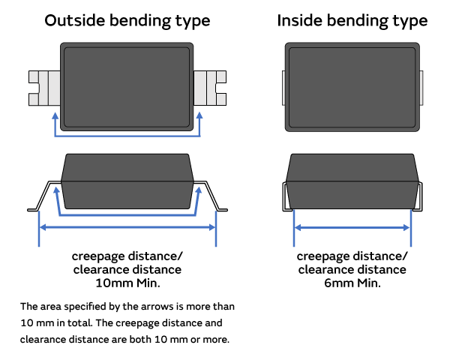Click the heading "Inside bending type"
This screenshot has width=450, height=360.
click(352, 20)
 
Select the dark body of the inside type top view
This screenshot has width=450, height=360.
click(352, 87)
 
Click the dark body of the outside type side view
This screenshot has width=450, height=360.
click(127, 181)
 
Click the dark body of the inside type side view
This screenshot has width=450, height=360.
click(352, 181)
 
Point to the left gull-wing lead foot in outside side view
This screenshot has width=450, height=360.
click(34, 207)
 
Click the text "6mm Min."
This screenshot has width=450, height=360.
click(352, 283)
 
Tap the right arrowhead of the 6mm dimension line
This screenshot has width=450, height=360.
click(408, 226)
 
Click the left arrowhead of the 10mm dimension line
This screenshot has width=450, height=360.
click(41, 226)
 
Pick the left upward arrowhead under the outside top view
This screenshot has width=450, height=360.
click(55, 116)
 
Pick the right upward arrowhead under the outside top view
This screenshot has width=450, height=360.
click(199, 116)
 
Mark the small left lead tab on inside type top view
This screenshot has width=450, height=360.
click(283, 88)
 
